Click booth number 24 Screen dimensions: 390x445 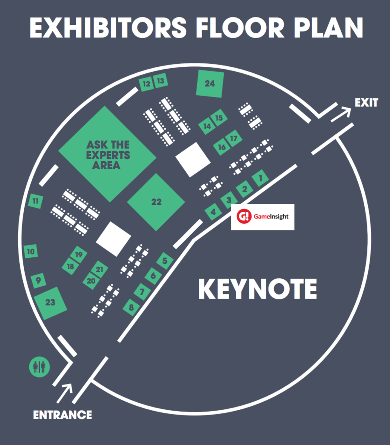210,83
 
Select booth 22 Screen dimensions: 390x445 156,202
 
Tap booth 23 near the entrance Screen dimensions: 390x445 50,303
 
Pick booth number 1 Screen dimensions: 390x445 261,178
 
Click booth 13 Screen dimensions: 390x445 160,81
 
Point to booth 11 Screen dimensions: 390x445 36,201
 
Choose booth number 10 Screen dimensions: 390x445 31,252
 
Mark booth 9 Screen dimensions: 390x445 38,281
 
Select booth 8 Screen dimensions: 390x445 131,307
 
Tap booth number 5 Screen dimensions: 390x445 165,261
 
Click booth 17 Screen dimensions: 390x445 233,139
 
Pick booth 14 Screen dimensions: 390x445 207,126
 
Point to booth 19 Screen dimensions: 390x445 79,255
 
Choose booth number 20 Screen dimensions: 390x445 91,281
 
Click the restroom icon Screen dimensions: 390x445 39,367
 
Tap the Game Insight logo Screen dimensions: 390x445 263,217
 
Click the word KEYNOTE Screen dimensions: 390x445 257,289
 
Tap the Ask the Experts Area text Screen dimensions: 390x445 108,155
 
